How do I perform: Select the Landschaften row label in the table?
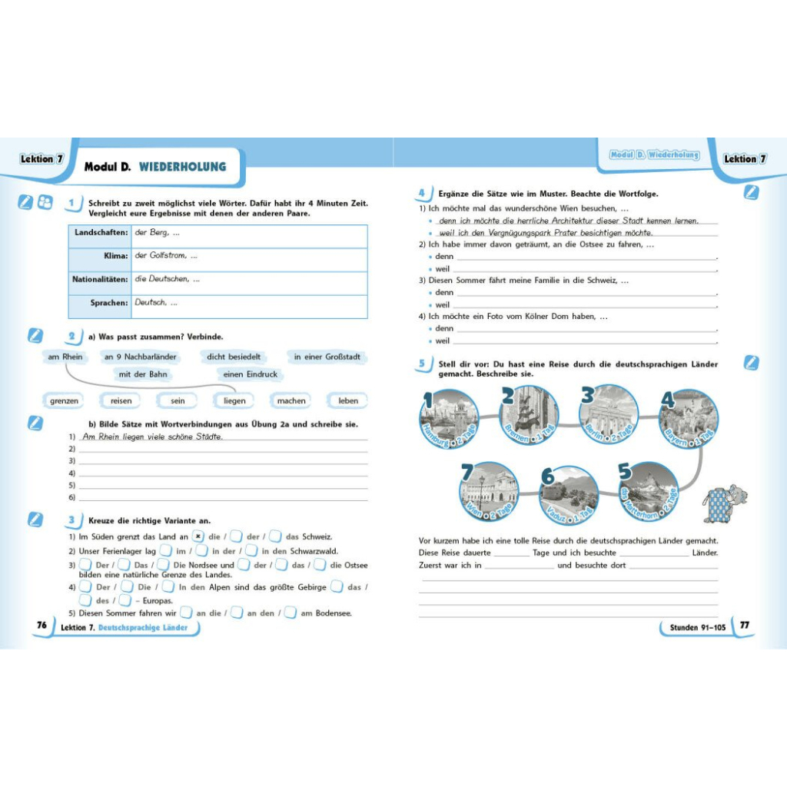[x=101, y=232]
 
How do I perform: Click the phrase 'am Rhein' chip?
[x=65, y=357]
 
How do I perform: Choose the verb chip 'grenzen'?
[x=65, y=400]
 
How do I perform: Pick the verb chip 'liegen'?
[x=234, y=400]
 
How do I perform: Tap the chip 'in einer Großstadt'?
[x=327, y=357]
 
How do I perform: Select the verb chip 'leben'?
[x=348, y=400]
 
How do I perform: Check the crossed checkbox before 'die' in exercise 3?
[x=198, y=537]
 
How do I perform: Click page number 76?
[x=42, y=625]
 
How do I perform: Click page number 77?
[x=744, y=626]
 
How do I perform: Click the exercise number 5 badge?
[x=421, y=363]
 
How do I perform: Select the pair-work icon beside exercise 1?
[x=45, y=202]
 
